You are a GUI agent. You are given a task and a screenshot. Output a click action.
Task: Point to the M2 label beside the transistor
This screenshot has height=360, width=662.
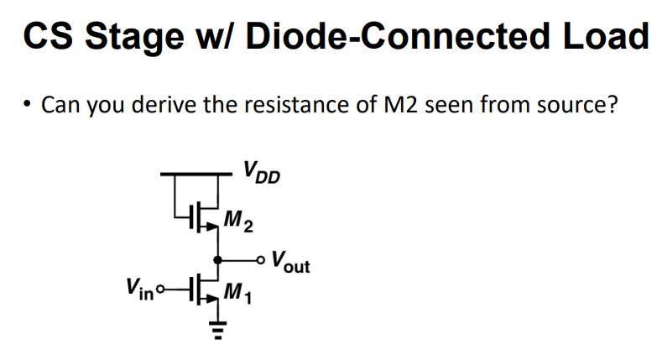pyautogui.click(x=242, y=222)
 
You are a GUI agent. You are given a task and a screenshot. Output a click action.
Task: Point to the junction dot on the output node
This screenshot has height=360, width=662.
pyautogui.click(x=217, y=259)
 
